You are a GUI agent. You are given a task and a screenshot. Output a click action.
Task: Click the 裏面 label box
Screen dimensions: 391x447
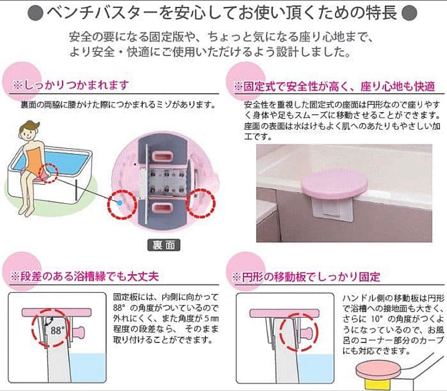click(163, 245)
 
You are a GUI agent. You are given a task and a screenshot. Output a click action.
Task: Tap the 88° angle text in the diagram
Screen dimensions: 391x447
click(58, 331)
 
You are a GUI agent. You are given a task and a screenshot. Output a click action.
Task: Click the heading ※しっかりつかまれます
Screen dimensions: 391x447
click(71, 86)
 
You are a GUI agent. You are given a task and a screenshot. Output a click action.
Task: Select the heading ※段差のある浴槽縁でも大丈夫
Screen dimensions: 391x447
click(84, 276)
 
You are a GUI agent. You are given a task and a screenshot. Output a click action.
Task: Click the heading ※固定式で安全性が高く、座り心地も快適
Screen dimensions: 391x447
click(334, 87)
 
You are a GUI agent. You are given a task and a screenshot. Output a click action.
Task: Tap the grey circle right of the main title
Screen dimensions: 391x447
click(409, 13)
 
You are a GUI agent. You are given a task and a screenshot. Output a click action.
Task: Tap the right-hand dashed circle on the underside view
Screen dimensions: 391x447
click(201, 204)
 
